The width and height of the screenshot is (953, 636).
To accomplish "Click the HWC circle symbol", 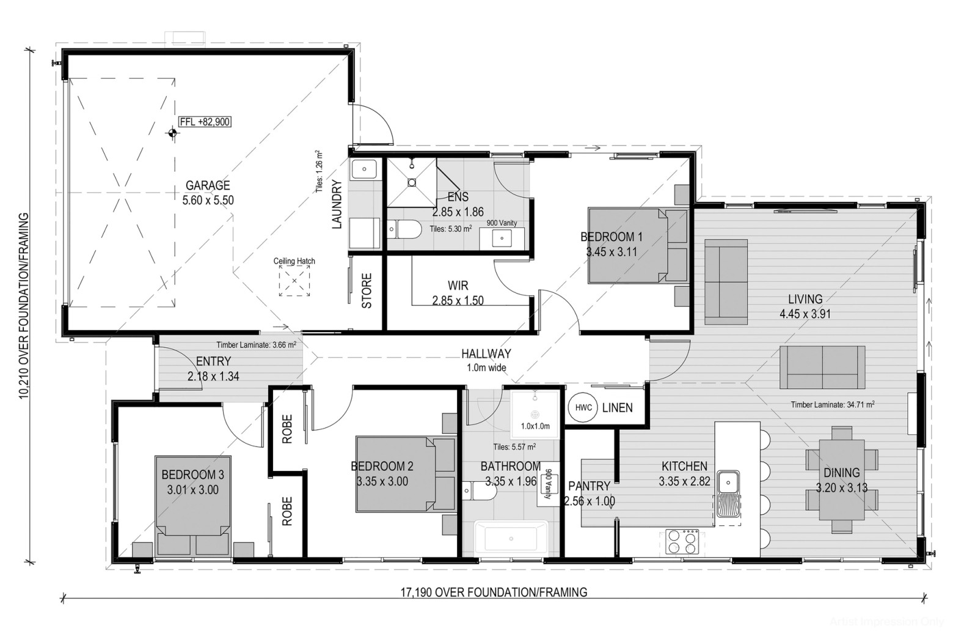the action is [x=583, y=408].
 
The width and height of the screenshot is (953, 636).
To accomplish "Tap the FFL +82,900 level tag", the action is [x=205, y=122].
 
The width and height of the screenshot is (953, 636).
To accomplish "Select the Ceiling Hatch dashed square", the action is [x=294, y=281].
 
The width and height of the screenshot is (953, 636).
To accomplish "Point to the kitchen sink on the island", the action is [x=728, y=494].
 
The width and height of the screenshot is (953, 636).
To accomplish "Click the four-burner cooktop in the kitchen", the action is [x=682, y=541].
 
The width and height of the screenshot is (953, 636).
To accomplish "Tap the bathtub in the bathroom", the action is [x=511, y=538].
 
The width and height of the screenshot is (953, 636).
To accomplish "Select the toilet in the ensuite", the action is [x=404, y=229].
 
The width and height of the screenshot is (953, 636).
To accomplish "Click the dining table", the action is [x=842, y=480].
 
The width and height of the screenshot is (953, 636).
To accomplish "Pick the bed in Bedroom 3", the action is [x=193, y=506].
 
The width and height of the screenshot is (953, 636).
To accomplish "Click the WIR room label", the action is [x=458, y=286].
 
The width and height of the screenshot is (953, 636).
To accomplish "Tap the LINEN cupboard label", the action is [x=618, y=408].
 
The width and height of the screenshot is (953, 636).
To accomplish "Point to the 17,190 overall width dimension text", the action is [x=494, y=592].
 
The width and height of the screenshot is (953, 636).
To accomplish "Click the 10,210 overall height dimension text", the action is [x=24, y=306].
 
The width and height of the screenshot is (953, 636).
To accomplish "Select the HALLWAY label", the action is [x=486, y=353].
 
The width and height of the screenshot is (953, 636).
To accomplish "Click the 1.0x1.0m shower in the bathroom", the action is [x=535, y=415].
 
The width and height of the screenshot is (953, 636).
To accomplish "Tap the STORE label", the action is [x=367, y=291].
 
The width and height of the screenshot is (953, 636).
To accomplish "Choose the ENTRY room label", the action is [x=213, y=361].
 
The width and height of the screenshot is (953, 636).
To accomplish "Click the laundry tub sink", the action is [x=364, y=169].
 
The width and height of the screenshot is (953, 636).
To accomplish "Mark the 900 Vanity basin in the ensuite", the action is [x=502, y=238].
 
